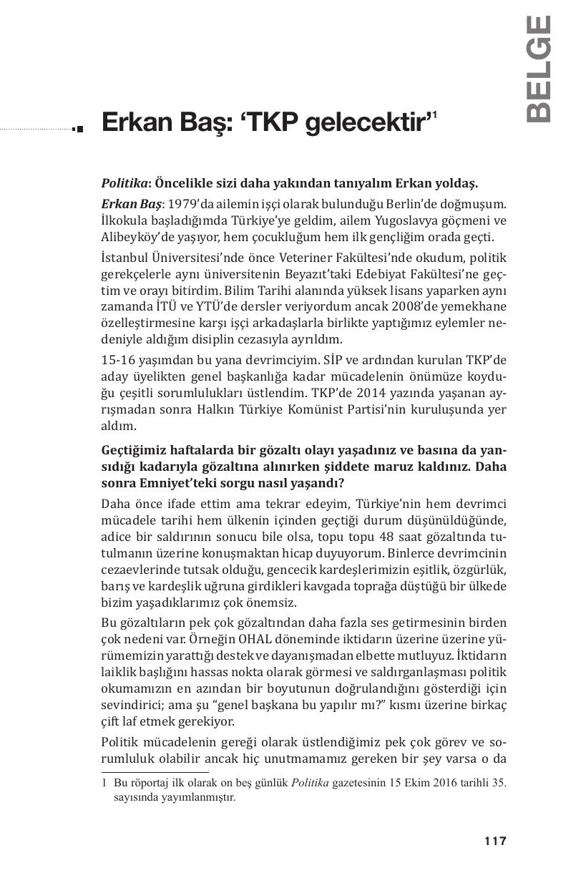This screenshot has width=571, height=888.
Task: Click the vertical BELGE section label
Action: (x=539, y=69)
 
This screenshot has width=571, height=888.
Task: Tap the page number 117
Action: (x=495, y=841)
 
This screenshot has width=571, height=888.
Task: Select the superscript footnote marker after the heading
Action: (x=434, y=114)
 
